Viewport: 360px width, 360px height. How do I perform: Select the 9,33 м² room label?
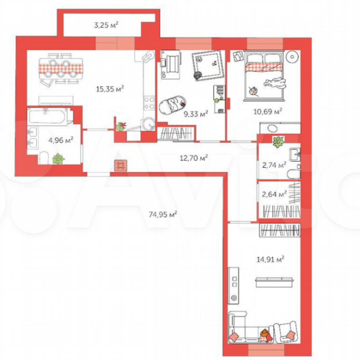pyautogui.click(x=196, y=114)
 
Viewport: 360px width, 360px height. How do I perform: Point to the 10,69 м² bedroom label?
pyautogui.click(x=272, y=111)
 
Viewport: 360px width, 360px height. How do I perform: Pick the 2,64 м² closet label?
pyautogui.click(x=273, y=194)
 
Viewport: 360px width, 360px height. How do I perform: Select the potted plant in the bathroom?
pyautogui.click(x=58, y=159)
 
